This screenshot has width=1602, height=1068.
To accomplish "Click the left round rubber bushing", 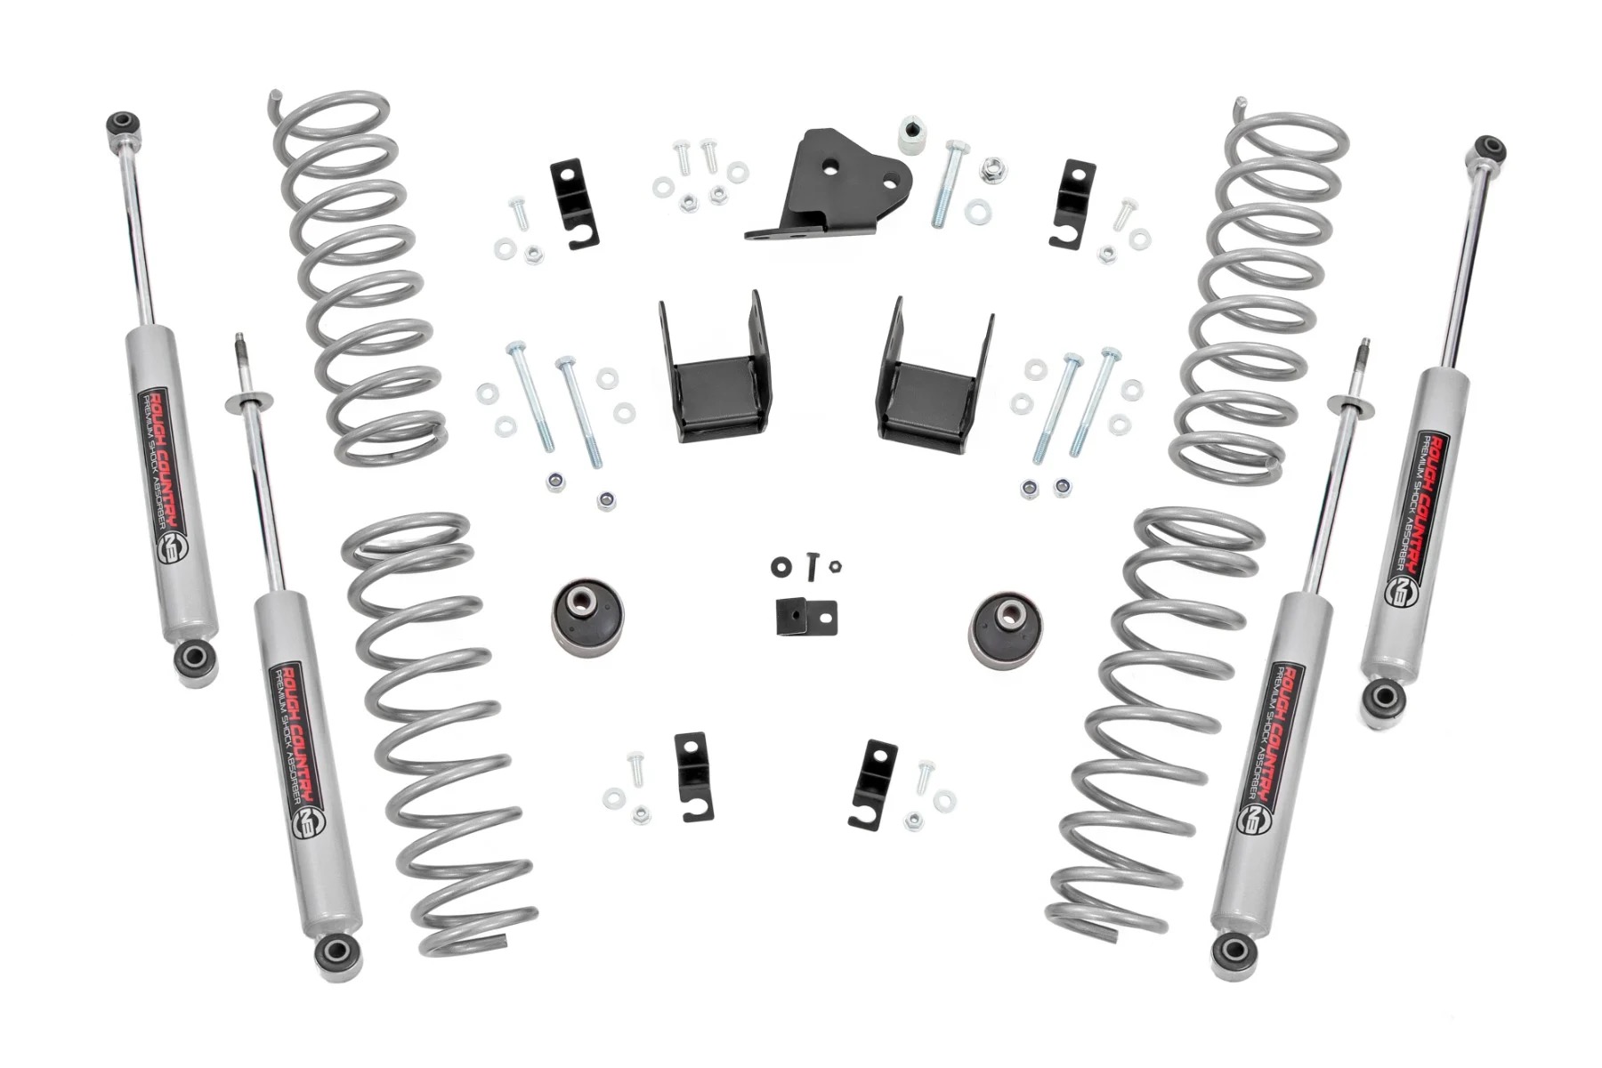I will click(583, 615).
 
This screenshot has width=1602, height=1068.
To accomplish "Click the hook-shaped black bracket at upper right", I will click(1074, 204).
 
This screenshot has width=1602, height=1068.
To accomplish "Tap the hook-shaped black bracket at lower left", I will click(693, 775).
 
